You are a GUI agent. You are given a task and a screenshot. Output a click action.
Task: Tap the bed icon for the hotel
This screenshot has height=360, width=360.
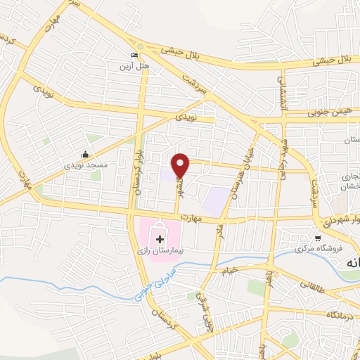click(135, 56)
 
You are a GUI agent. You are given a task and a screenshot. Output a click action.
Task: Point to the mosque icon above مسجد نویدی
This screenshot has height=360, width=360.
click(86, 154)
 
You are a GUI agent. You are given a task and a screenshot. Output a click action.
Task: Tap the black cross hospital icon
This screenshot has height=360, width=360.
click(160, 240)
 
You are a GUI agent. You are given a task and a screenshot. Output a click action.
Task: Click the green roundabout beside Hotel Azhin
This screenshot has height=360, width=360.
click(140, 46)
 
